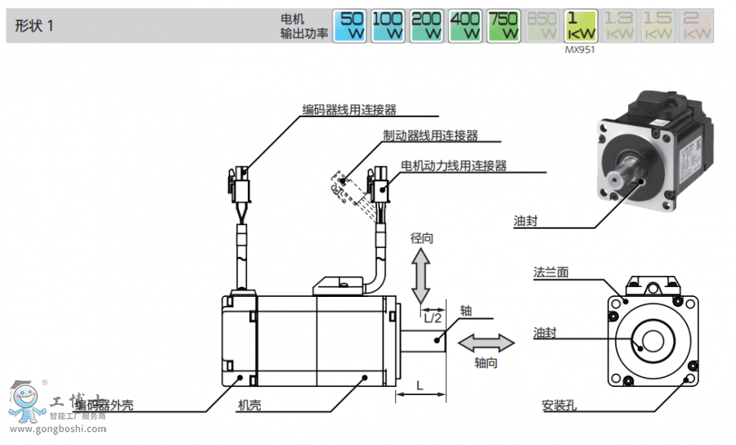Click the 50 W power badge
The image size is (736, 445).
pos(352,25)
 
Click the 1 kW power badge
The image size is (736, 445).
pos(581,25)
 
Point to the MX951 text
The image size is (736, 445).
pos(581,50)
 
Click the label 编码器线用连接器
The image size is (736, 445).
pos(349,110)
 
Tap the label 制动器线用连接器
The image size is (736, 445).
pos(431,135)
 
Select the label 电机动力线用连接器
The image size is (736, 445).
pos(454,165)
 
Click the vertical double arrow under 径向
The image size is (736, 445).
pos(421,276)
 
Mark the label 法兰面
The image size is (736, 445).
pos(550,272)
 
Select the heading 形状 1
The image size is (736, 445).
pos(34,25)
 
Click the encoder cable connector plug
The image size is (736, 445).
pos(240,187)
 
